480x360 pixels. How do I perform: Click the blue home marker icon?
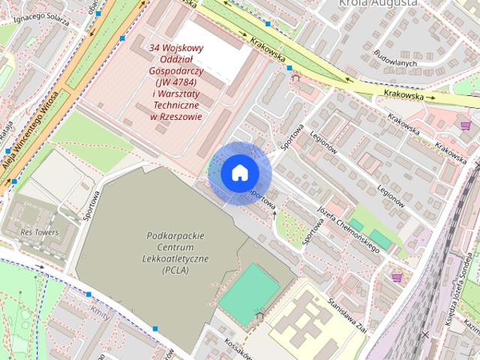click(239, 173)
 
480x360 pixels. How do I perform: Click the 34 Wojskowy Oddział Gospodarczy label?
click(176, 81)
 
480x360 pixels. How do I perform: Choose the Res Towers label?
click(40, 232)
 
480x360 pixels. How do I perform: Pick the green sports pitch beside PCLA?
click(247, 293)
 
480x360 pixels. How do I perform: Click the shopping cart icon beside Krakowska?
click(466, 125)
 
